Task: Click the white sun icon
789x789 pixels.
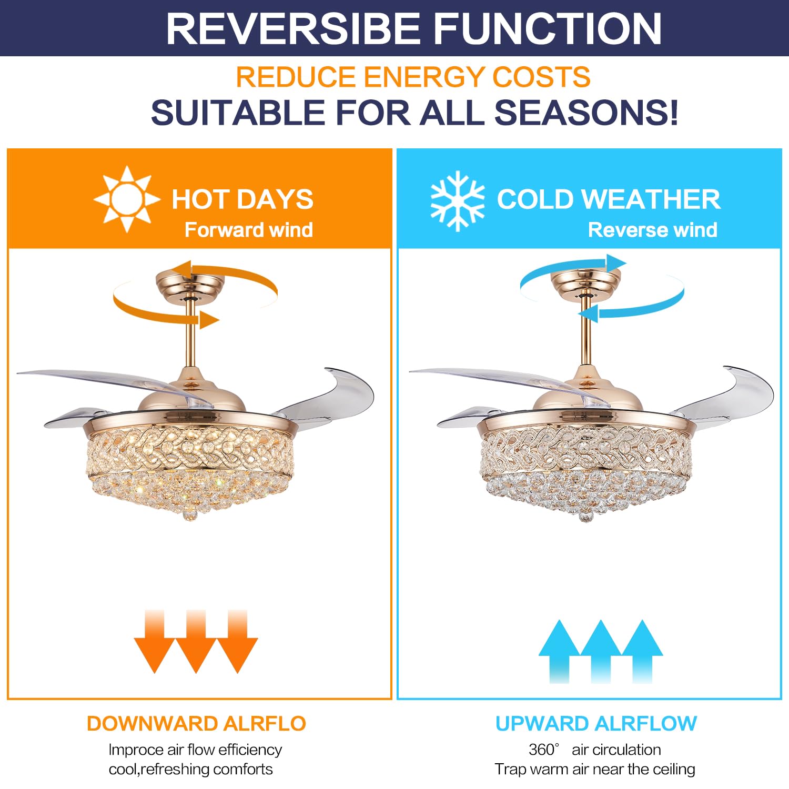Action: [x=127, y=199]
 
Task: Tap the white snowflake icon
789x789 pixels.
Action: [x=457, y=200]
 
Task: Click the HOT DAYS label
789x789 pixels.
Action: [x=242, y=199]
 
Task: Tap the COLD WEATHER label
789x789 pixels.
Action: [x=609, y=199]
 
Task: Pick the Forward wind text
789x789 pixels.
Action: [x=249, y=230]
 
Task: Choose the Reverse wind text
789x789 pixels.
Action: [x=652, y=230]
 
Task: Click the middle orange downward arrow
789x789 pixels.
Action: [x=196, y=641]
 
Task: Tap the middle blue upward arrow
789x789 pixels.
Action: [x=601, y=651]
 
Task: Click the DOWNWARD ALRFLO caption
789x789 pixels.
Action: [x=196, y=724]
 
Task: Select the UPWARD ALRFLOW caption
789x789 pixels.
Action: [x=596, y=724]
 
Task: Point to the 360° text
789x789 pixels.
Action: [x=544, y=750]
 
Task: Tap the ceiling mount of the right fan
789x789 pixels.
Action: [x=585, y=285]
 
